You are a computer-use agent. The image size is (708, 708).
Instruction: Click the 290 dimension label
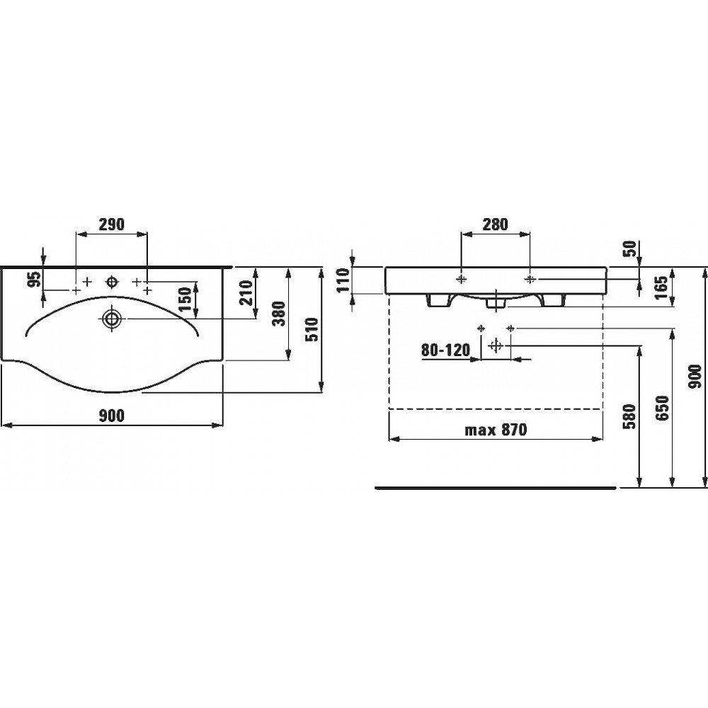pos(112,224)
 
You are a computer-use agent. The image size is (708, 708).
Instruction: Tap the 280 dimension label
pos(496,224)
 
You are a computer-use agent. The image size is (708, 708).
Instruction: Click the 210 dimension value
pos(247,292)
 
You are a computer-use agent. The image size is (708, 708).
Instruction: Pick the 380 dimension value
pos(280,314)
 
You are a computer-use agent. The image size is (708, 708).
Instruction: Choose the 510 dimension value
pos(312,330)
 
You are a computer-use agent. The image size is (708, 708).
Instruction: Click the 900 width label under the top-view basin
pos(111,416)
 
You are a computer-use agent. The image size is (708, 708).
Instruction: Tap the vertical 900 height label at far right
pos(696,377)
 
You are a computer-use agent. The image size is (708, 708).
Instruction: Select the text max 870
pos(496,430)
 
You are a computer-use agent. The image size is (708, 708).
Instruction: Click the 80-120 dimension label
pos(445,350)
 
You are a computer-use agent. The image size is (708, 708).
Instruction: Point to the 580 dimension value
pos(631,416)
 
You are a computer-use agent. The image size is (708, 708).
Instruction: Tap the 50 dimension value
pos(632,249)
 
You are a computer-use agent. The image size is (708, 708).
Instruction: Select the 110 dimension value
pos(343,280)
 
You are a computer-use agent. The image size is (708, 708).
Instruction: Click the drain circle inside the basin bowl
pos(111,319)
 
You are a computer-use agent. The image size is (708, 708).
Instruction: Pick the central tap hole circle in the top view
pos(112,282)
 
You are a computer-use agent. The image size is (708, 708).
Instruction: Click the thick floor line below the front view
pos(496,488)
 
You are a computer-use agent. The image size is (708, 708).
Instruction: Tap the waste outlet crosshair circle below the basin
pos(496,346)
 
